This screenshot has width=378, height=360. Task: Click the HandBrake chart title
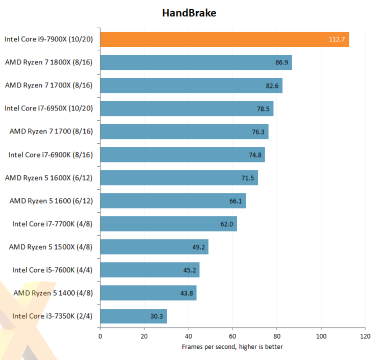coord(190,13)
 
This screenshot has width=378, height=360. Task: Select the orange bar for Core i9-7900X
coord(224,39)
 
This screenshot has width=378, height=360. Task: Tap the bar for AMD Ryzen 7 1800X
coord(196,62)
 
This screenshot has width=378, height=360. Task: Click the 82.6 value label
coord(272,85)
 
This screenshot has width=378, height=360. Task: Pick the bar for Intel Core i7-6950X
coord(186,108)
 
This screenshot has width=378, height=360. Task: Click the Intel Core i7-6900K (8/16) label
coord(51,154)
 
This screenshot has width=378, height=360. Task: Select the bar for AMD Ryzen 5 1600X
coord(179,177)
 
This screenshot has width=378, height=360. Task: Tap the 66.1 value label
coord(236,201)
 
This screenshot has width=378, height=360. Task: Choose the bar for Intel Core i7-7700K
coord(168,224)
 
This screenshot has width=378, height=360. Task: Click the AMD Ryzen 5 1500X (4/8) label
coord(51,247)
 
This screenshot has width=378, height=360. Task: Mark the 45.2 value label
coord(190,270)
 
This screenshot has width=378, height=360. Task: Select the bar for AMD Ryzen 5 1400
coord(148,293)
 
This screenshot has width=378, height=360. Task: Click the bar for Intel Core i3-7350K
coord(133,316)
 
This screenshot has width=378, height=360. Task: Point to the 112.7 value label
coord(337,39)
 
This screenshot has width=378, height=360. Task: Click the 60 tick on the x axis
coord(232,336)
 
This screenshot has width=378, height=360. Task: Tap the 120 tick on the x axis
coord(365,336)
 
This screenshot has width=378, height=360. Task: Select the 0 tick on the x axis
coord(100,336)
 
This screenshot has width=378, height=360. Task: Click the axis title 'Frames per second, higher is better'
coord(232,347)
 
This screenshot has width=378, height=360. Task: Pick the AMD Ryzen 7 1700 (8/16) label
coord(51,131)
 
